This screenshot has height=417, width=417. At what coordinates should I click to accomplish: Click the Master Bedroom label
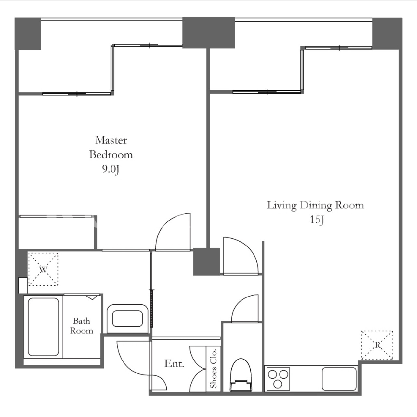click(x=111, y=147)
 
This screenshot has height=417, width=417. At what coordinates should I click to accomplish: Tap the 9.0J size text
click(x=111, y=170)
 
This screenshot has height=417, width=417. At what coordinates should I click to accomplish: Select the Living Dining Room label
click(x=315, y=205)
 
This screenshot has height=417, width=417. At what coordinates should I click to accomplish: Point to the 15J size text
click(x=317, y=220)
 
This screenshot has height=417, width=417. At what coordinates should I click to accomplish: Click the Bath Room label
click(x=82, y=326)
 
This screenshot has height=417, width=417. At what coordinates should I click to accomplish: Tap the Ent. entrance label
click(x=174, y=363)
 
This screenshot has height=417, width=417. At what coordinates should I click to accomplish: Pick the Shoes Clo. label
click(x=213, y=368)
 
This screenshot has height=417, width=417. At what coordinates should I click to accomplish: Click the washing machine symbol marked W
click(x=43, y=269)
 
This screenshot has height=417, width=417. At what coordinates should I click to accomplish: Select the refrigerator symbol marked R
click(x=377, y=345)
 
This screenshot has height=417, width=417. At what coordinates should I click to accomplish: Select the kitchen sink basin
click(x=339, y=379)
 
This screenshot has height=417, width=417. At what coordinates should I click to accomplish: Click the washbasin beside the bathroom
click(x=128, y=319)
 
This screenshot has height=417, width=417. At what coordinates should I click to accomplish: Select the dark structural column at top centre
click(x=209, y=33)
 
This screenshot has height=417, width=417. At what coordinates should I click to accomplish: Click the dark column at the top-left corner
click(x=28, y=33)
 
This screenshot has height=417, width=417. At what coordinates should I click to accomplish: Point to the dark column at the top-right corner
click(x=387, y=33)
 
